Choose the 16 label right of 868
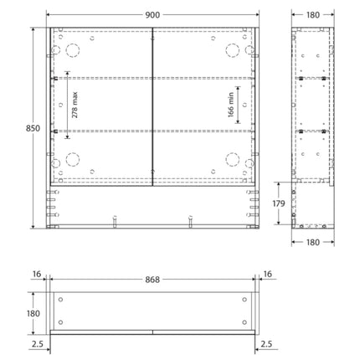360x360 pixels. [x=266, y=273]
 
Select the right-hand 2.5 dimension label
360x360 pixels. [x=266, y=343]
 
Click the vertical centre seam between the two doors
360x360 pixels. [x=152, y=105]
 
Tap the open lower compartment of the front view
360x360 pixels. [x=152, y=204]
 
